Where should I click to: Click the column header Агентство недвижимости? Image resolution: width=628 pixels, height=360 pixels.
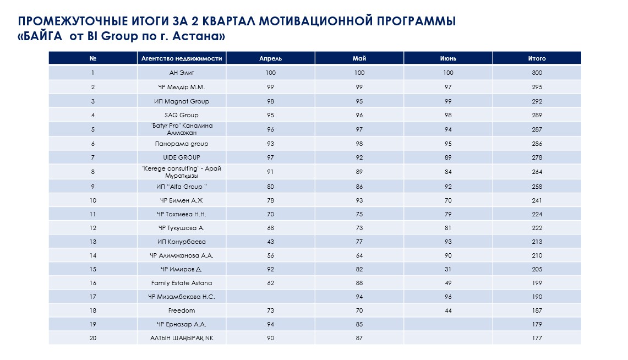182,58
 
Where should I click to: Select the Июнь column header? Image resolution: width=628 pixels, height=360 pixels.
448,58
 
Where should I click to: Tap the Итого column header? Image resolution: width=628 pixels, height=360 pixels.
537,58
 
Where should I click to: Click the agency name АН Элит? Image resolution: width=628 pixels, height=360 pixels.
182,73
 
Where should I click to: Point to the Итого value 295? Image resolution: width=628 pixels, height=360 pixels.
537,87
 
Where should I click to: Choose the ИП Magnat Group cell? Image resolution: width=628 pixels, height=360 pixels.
182,101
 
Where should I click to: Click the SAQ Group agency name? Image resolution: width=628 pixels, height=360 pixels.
182,116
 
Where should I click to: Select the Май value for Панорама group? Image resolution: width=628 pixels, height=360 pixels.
359,144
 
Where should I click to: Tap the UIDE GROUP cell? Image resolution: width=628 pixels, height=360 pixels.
182,157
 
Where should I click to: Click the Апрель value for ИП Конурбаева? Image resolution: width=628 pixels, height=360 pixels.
270,242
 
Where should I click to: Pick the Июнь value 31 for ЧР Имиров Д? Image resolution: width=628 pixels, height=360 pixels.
448,270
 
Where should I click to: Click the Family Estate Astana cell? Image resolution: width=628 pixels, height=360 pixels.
182,283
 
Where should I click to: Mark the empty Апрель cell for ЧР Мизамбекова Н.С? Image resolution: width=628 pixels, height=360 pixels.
270,297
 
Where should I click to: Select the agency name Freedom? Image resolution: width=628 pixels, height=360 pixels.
182,311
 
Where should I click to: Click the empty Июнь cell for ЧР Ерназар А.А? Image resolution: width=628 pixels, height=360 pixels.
448,324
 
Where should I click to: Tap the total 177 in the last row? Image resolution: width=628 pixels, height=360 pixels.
537,339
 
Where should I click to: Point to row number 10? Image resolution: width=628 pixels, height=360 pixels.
93,200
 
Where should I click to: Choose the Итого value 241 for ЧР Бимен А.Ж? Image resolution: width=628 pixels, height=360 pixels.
537,200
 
